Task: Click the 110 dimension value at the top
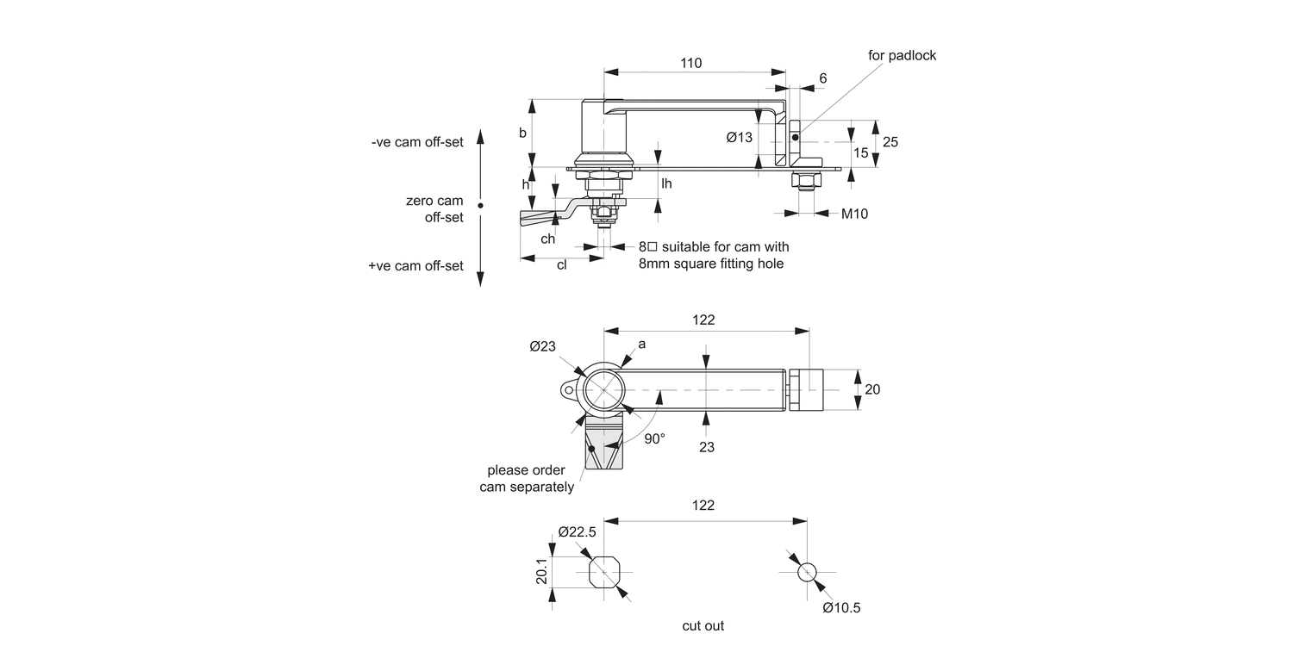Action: pos(690,63)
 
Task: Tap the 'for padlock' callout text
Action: pos(902,55)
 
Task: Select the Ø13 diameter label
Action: pos(739,137)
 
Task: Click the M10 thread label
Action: pos(854,214)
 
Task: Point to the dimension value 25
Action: pos(890,141)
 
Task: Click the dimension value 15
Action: pos(860,152)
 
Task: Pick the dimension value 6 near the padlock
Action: pos(822,78)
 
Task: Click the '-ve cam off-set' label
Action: pos(417,142)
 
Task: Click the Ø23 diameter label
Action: pos(542,346)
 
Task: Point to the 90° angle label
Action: pos(654,438)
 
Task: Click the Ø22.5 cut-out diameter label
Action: pos(577,531)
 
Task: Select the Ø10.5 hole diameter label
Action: pos(841,607)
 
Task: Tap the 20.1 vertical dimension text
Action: pos(541,572)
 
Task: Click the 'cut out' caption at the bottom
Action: pos(703,626)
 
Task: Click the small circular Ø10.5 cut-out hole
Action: pos(807,572)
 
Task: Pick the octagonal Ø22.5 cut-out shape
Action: pos(603,572)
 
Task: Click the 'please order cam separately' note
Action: pos(526,479)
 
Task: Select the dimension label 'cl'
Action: pos(561,265)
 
